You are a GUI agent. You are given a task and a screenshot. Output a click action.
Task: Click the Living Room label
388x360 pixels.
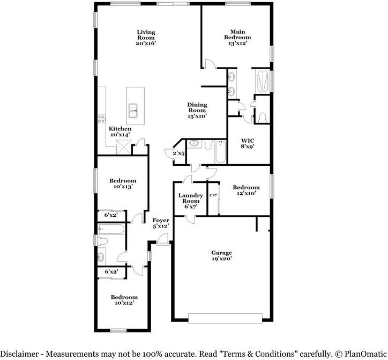pos(146,39)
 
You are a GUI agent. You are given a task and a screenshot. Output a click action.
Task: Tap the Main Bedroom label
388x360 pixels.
pos(237,38)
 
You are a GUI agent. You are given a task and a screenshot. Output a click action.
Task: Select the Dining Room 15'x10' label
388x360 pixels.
pos(197,110)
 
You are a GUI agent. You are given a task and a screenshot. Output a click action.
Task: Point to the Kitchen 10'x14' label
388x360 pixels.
pos(120,132)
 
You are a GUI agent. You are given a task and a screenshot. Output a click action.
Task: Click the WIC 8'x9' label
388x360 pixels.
pos(247,143)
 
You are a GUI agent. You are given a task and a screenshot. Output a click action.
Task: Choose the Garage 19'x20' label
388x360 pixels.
pos(221,256)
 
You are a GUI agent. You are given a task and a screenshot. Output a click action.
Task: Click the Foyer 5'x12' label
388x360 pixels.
pos(161,223)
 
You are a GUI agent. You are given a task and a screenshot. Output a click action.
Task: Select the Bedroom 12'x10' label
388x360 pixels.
pos(246,190)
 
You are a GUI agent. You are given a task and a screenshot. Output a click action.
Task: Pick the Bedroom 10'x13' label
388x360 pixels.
pos(123,183)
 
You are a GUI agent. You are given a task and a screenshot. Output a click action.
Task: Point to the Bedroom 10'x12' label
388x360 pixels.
pos(124,300)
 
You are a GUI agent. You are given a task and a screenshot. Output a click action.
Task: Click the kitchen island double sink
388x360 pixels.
pos(133,112)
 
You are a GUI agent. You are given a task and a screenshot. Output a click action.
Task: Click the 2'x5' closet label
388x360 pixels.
pos(178,154)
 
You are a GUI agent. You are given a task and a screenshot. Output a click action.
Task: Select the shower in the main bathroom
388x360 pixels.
pos(263,82)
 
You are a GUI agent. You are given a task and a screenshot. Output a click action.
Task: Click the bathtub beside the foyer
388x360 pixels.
pos(111,231)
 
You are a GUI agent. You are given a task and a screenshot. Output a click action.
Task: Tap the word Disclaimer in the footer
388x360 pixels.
pos(22,354)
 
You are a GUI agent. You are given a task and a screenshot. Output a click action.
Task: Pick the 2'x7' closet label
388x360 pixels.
pos(213,195)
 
